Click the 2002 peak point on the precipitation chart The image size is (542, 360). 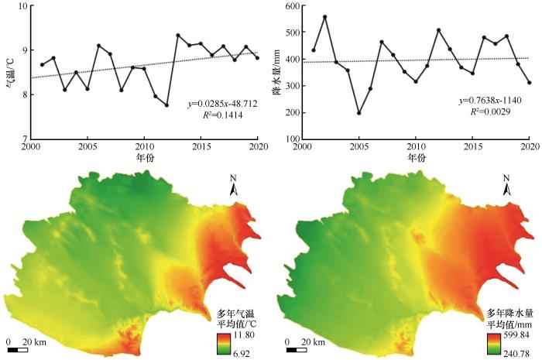pyautogui.click(x=324, y=16)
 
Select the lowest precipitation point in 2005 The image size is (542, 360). pyautogui.click(x=358, y=113)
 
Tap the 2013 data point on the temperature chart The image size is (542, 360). pyautogui.click(x=178, y=35)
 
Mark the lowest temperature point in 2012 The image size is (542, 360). pyautogui.click(x=166, y=105)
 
